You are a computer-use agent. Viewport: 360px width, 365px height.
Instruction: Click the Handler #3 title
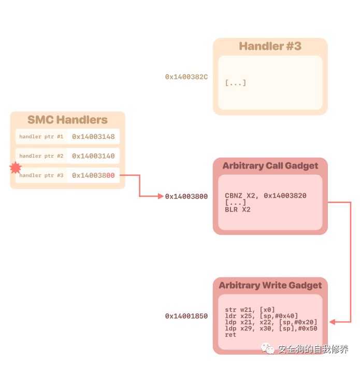270,46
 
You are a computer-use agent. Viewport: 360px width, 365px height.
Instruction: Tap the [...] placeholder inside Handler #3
236,83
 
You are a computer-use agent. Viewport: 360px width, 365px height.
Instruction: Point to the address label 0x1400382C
186,77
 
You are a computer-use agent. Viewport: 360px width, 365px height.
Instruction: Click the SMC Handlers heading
67,120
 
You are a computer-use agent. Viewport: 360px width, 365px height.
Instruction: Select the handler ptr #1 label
41,137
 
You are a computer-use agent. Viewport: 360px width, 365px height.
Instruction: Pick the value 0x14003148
93,137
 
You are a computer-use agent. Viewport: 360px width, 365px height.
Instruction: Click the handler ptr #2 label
41,156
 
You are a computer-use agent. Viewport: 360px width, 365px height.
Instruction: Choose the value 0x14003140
93,156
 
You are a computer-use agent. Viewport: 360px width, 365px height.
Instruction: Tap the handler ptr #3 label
41,176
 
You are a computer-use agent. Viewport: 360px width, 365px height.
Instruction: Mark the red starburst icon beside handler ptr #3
16,168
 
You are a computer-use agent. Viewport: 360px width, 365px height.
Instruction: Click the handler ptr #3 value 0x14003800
93,176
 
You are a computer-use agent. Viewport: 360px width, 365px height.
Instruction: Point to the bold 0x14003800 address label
186,196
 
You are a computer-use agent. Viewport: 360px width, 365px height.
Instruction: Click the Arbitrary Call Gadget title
270,166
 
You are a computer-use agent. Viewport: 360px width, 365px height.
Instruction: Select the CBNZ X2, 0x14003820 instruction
266,195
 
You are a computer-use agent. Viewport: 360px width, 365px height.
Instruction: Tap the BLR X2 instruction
238,209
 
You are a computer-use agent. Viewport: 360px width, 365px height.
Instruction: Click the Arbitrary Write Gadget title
270,285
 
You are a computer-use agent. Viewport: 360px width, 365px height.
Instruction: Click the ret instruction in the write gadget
231,335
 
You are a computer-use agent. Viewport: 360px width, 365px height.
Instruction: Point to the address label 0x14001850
186,316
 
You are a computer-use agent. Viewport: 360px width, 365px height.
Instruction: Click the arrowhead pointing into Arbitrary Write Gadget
333,322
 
